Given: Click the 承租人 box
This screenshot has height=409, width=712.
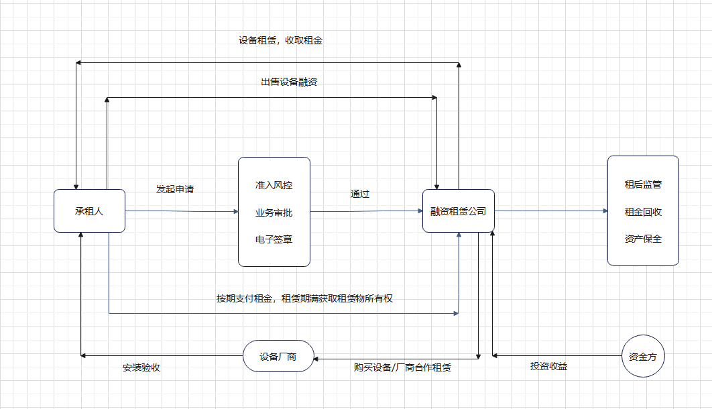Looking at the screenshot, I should pyautogui.click(x=89, y=211).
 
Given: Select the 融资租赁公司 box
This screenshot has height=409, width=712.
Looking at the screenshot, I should pyautogui.click(x=458, y=211).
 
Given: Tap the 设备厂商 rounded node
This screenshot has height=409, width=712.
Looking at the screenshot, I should pyautogui.click(x=278, y=357).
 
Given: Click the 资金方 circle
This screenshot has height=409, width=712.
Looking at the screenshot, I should pyautogui.click(x=643, y=357).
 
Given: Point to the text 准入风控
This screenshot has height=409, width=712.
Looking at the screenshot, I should pyautogui.click(x=274, y=185).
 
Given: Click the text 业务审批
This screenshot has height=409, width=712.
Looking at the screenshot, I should pyautogui.click(x=274, y=213).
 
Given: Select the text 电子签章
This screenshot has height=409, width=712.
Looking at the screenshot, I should pyautogui.click(x=274, y=239).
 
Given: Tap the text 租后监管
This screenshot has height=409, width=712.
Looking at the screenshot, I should pyautogui.click(x=643, y=184).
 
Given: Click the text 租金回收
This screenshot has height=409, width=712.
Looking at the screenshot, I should pyautogui.click(x=643, y=212).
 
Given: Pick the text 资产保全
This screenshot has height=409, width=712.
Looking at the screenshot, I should pyautogui.click(x=643, y=239).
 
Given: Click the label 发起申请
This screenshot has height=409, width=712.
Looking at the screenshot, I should pyautogui.click(x=175, y=189).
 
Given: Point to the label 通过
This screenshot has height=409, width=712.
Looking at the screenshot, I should pyautogui.click(x=359, y=194).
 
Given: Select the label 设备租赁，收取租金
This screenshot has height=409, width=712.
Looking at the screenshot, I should pyautogui.click(x=280, y=40).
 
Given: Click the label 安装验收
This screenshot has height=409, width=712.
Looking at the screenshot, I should pyautogui.click(x=141, y=368).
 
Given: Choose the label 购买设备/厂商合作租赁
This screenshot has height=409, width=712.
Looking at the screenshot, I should pyautogui.click(x=402, y=367).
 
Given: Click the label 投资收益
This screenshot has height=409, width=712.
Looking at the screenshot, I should pyautogui.click(x=548, y=366).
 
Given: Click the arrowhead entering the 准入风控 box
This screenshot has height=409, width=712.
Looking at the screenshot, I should pyautogui.click(x=235, y=212).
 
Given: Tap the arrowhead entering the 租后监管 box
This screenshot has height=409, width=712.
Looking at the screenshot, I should pyautogui.click(x=604, y=211).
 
